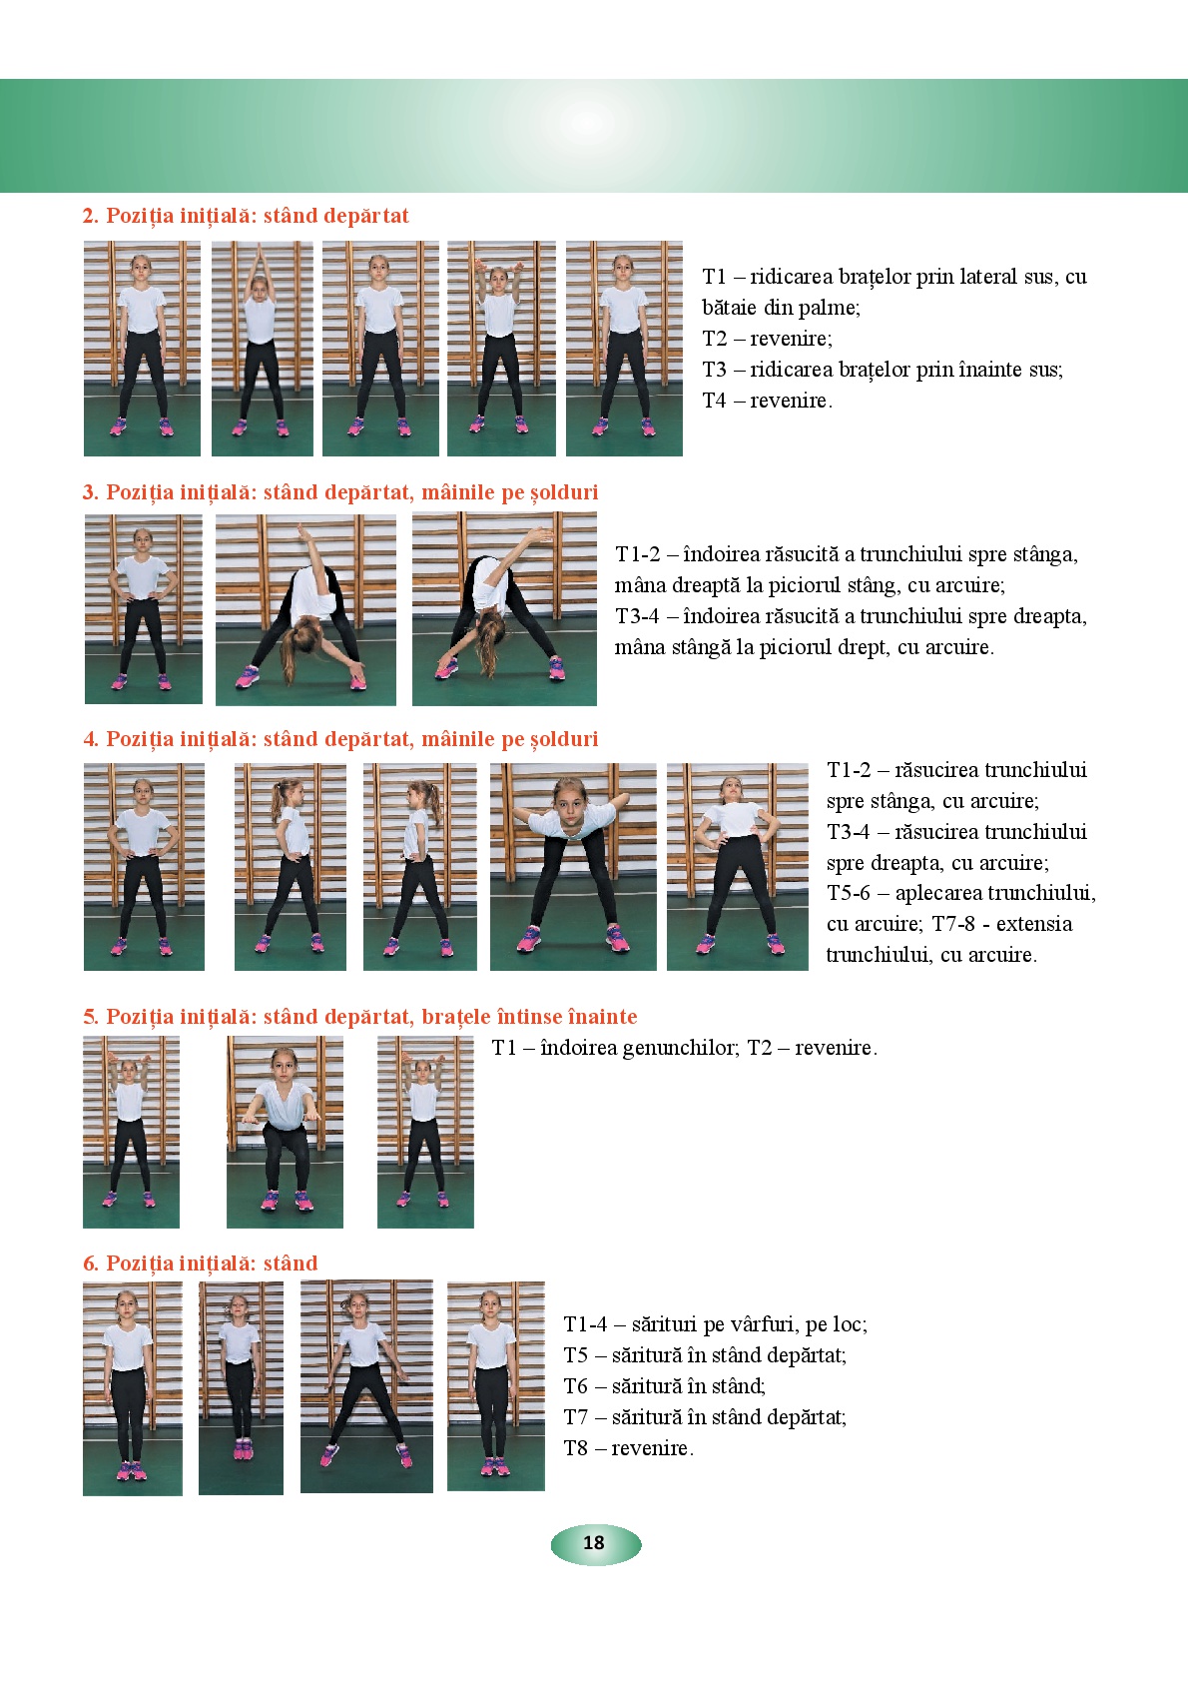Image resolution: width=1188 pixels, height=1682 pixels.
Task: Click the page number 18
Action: (594, 1542)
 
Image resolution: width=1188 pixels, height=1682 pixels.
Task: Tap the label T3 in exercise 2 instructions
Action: (715, 370)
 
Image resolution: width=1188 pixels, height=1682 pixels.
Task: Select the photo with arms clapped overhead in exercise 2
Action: (262, 349)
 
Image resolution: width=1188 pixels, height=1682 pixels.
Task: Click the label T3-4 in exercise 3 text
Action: (637, 616)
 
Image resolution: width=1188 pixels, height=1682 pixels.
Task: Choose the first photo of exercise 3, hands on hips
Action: (144, 609)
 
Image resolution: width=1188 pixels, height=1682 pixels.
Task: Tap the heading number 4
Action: (90, 739)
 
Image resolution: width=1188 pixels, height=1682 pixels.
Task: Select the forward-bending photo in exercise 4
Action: (573, 867)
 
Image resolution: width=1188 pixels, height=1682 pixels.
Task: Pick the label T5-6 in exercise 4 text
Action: (849, 893)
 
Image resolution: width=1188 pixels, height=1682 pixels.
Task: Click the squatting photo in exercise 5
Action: (286, 1132)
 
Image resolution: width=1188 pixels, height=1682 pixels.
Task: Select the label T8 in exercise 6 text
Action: (576, 1447)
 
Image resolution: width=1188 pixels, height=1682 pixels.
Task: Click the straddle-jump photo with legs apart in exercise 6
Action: (367, 1387)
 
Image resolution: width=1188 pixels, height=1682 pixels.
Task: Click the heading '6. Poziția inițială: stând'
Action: (201, 1263)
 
